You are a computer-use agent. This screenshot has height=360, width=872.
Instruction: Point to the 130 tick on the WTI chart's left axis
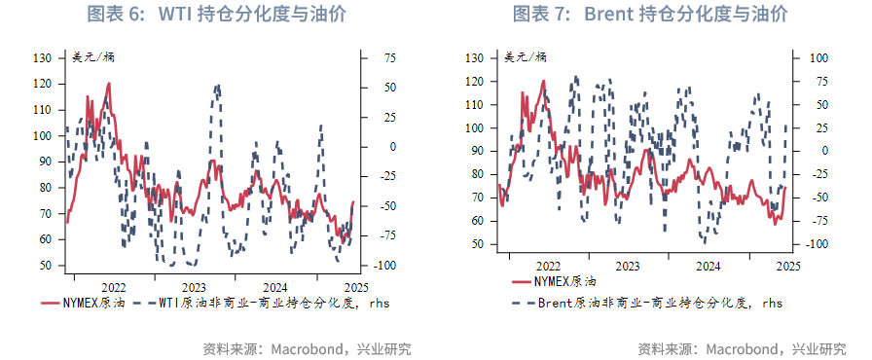click(x=42, y=58)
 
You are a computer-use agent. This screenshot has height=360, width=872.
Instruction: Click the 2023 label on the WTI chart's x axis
click(x=194, y=287)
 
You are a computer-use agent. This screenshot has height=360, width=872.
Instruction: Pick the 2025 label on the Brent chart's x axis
click(x=787, y=265)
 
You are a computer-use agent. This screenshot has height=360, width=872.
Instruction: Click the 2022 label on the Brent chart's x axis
click(x=547, y=265)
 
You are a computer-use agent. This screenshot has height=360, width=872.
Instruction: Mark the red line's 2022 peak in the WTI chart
click(x=108, y=84)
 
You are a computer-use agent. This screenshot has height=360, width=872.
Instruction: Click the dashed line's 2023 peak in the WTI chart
click(x=216, y=86)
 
